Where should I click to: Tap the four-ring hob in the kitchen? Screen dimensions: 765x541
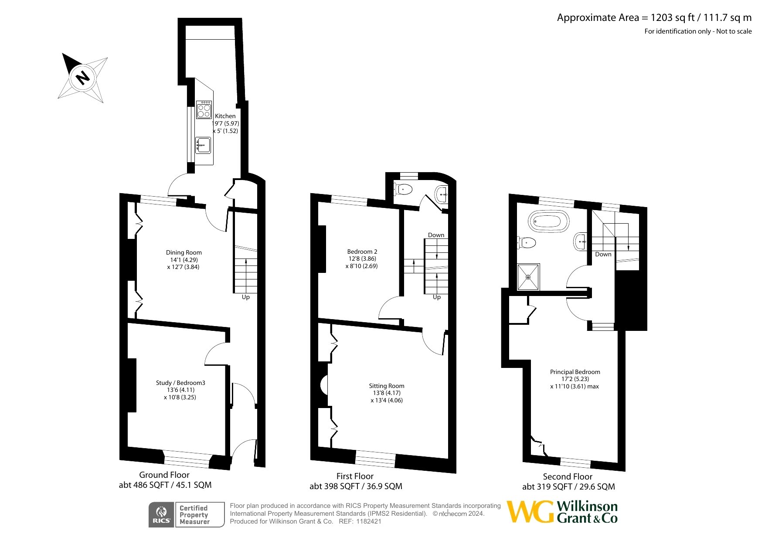click(204, 109)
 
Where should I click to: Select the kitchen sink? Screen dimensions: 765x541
click(203, 145)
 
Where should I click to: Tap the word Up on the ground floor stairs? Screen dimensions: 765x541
click(246, 297)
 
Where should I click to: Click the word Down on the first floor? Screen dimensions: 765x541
click(436, 235)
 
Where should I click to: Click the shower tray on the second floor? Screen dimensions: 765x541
click(528, 277)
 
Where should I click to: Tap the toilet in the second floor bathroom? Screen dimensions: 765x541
click(527, 243)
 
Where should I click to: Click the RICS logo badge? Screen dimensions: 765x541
click(162, 515)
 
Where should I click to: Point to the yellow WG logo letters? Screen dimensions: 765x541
click(530, 511)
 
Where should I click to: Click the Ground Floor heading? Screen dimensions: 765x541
click(164, 475)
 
